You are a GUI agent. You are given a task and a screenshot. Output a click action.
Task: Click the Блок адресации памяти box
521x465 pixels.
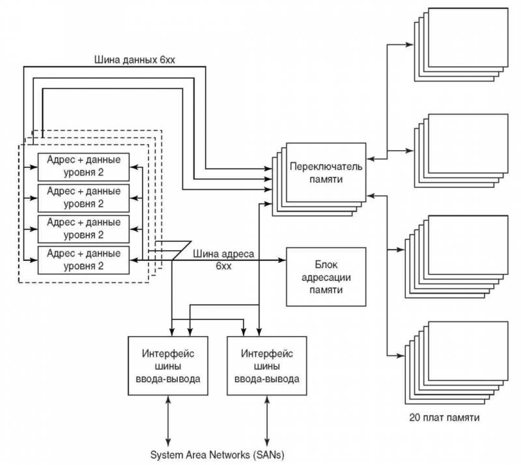point(326,276)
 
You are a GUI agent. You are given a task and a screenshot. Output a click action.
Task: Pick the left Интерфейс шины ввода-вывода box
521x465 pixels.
point(167,365)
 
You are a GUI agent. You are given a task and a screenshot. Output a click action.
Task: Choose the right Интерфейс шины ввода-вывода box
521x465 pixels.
point(266,365)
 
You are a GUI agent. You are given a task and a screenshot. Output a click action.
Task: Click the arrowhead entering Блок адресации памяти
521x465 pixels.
point(283,260)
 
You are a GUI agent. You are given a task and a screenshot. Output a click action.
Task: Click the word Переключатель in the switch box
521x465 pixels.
point(326,165)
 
